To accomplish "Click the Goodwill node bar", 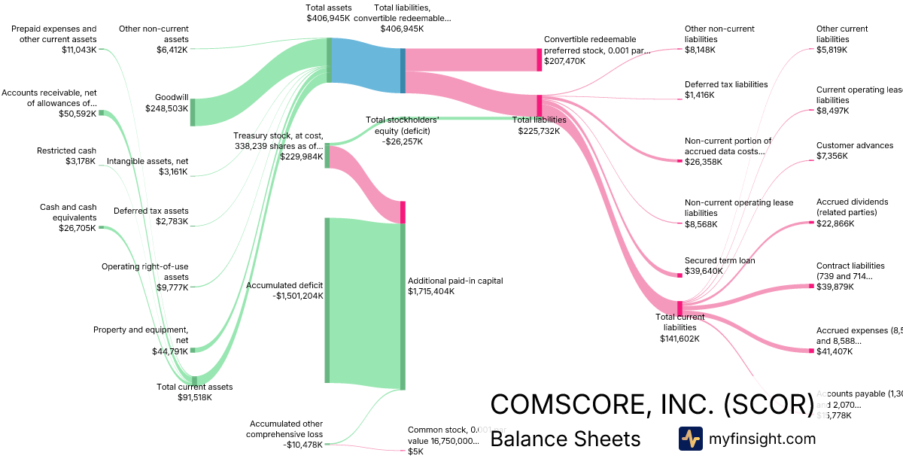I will (193, 111).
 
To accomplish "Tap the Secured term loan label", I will (719, 260).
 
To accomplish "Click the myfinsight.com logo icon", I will (690, 439).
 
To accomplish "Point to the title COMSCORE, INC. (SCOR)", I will (652, 405).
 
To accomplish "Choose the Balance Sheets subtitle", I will (565, 439).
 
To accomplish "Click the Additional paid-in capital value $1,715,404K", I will (431, 291).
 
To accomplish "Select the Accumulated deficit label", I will (284, 285).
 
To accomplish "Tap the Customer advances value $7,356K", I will (832, 156).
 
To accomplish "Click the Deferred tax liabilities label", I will (726, 84).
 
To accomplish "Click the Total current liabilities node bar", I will (680, 308).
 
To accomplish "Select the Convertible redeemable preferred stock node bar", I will (539, 59).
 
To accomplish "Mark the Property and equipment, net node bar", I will (193, 350).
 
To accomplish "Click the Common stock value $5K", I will (415, 451).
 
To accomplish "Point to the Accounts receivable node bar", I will (102, 113).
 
